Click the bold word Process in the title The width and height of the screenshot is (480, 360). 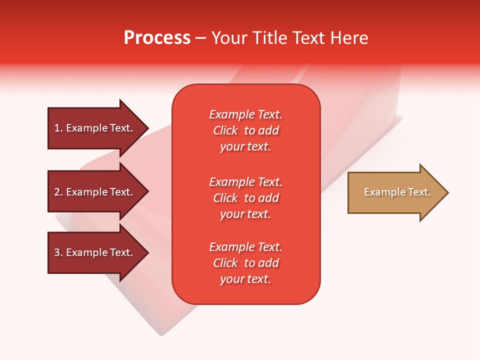click(157, 38)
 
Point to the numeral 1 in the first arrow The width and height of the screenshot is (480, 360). click(57, 128)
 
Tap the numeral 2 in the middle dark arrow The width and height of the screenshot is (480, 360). click(57, 192)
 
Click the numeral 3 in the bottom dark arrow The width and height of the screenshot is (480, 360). click(57, 252)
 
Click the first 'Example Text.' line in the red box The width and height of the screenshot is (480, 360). click(245, 114)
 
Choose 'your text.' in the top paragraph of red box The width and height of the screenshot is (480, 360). click(245, 146)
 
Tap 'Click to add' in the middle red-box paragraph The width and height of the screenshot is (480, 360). click(245, 198)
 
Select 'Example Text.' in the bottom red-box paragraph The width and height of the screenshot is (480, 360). click(245, 247)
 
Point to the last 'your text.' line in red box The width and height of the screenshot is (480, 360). click(245, 279)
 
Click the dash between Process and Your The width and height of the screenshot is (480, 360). click(200, 38)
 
